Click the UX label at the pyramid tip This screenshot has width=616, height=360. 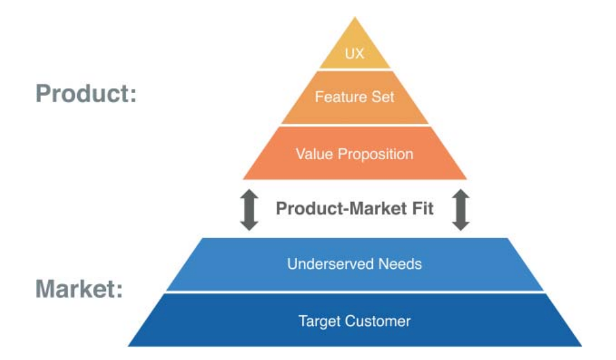coord(355,54)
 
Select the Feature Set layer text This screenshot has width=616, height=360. coord(355,97)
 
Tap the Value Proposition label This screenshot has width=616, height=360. coord(355,154)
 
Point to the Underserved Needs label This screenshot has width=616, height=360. coord(355,264)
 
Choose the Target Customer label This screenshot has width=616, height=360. coord(355,320)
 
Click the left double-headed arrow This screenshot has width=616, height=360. coord(249,210)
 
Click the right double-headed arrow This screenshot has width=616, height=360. coord(461,210)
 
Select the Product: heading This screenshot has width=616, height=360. coord(86,94)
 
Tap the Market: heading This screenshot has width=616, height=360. coord(79,288)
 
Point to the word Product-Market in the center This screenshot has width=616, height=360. coord(337,209)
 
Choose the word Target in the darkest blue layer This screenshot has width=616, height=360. coord(317,320)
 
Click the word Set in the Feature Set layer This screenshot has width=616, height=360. coord(383,97)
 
